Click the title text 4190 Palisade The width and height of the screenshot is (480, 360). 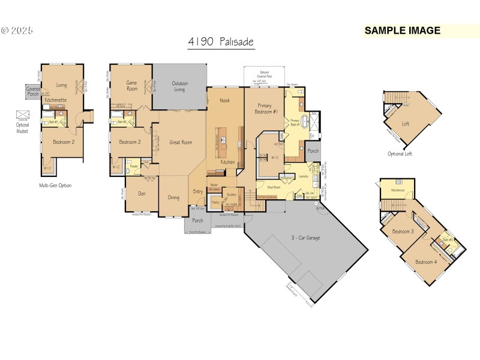220,43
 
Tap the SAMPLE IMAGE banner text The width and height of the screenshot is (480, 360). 402,31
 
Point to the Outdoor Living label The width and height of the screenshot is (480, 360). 180,86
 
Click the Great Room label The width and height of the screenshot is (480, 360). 181,142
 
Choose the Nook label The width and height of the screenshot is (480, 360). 224,100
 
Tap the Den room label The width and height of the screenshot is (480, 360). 142,193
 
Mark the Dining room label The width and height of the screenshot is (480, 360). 173,197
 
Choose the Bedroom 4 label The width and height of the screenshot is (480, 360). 427,262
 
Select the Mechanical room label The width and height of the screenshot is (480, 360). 398,190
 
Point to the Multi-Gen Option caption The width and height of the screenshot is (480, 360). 55,185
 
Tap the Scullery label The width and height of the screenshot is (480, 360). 231,195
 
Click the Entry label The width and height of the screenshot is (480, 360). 198,191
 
